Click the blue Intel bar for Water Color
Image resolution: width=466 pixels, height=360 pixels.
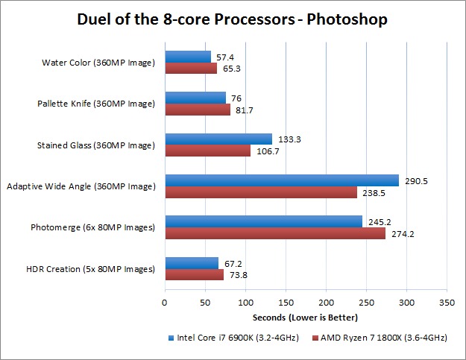click(188, 57)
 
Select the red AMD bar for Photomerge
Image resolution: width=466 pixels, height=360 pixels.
click(275, 233)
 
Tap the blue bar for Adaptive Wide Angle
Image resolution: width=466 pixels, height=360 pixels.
click(282, 180)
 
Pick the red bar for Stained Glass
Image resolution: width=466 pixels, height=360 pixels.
click(208, 151)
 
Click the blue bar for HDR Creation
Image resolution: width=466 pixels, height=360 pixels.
click(192, 263)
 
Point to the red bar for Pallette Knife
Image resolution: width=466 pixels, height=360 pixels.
click(198, 110)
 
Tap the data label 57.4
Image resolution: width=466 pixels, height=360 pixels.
click(225, 57)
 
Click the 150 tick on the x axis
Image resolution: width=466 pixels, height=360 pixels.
click(286, 303)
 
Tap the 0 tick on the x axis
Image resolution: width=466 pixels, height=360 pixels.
click(165, 303)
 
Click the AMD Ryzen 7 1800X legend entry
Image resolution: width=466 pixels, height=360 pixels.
click(382, 338)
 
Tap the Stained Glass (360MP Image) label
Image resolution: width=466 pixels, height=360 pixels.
click(99, 145)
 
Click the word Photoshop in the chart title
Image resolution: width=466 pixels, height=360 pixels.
click(347, 19)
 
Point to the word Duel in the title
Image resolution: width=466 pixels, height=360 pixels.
click(95, 19)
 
